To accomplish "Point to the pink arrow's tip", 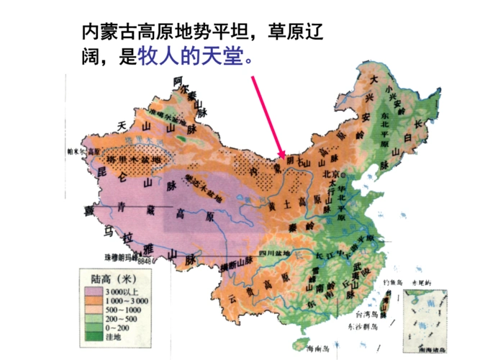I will click(281, 156).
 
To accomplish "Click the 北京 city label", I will click(332, 174).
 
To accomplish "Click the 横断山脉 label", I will click(235, 266).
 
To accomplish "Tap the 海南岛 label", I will click(316, 348).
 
